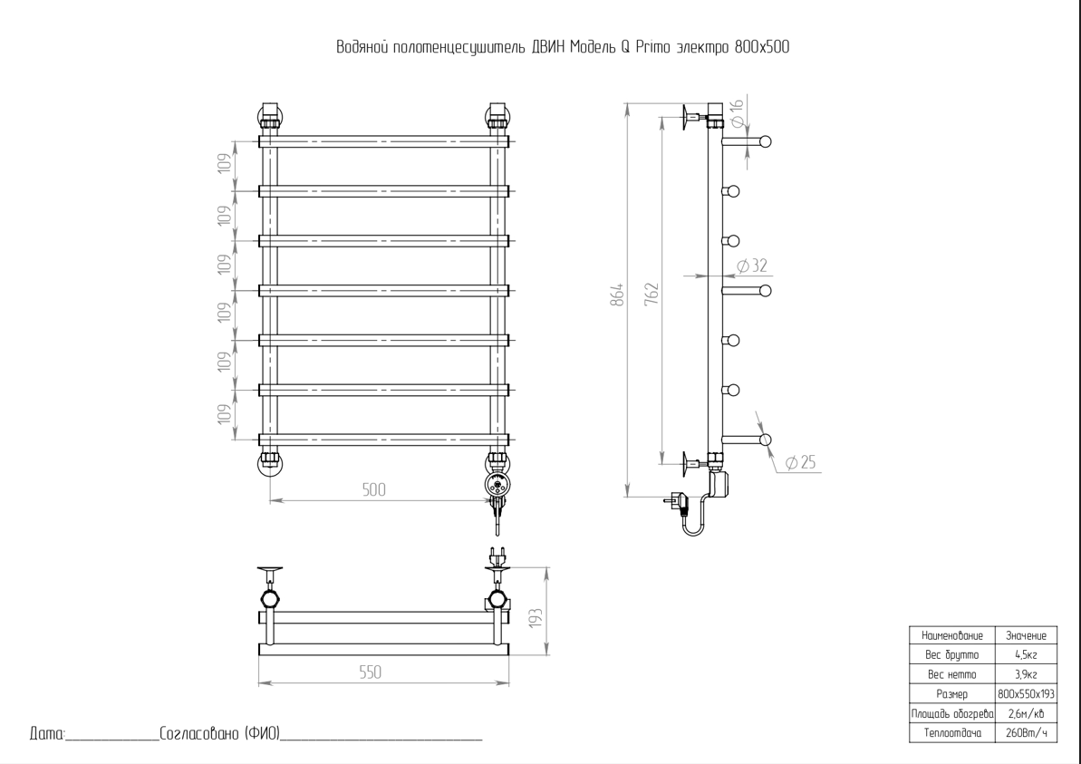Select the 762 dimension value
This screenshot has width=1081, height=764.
click(651, 295)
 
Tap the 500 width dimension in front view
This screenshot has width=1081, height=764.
click(373, 489)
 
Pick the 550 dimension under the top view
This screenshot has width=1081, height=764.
click(370, 672)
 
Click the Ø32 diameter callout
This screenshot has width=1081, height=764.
click(752, 266)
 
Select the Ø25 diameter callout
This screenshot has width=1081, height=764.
click(800, 463)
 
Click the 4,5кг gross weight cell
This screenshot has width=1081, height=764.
click(1026, 655)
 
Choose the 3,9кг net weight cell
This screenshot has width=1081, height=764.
click(1026, 674)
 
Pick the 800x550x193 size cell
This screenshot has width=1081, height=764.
click(1026, 694)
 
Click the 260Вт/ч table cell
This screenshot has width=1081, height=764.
click(1026, 732)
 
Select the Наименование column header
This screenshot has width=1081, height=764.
click(951, 636)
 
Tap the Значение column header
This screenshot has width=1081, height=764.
click(1026, 636)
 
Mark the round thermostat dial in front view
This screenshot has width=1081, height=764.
click(497, 484)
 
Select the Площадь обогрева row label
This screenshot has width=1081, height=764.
click(951, 713)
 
